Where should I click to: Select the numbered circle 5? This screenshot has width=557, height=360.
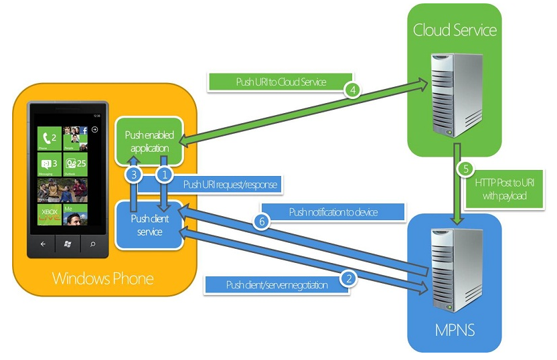465,170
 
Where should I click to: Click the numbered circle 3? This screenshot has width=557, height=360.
134,175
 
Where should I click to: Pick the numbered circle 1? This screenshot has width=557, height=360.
164,175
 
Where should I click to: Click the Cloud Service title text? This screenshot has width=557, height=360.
455,30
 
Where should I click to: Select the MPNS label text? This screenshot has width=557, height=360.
455,331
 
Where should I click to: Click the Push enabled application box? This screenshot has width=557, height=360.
149,141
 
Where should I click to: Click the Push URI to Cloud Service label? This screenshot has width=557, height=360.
281,82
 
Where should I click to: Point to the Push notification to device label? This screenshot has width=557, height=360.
333,212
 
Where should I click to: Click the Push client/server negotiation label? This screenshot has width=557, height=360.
277,285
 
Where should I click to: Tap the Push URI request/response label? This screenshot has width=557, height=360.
230,183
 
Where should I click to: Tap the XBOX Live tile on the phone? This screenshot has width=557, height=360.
50,215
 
